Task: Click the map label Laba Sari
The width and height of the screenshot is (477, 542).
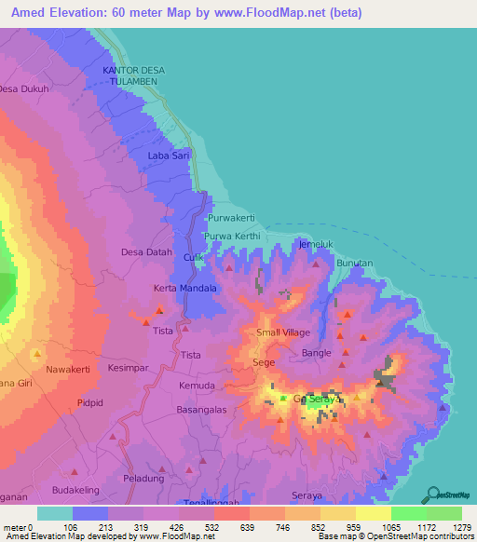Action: [170, 156]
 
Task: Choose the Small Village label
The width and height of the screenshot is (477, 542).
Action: [283, 332]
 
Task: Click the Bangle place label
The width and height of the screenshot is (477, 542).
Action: [318, 353]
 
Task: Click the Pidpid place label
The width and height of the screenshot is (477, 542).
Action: [89, 403]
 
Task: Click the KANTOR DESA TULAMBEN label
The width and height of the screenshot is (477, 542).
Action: [131, 76]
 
